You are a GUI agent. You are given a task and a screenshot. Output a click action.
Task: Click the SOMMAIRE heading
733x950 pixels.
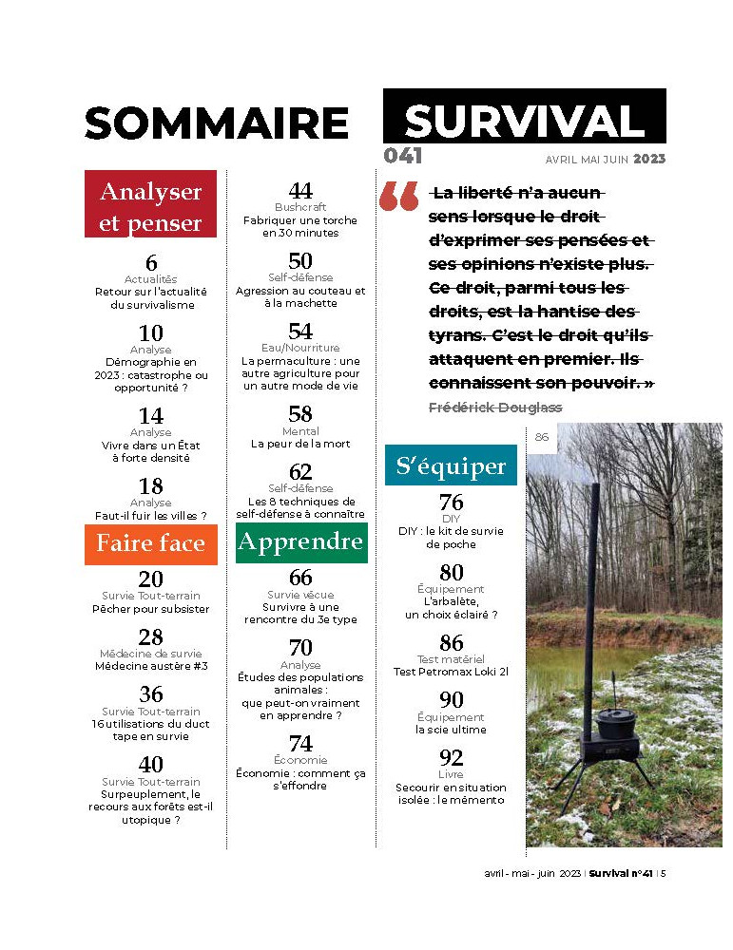point(217,123)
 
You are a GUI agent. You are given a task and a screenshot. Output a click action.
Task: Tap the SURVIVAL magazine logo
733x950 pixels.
point(524,121)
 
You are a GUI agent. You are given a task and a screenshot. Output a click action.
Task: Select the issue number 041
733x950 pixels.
point(403,157)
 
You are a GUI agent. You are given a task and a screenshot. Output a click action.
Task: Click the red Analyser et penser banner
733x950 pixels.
point(151,206)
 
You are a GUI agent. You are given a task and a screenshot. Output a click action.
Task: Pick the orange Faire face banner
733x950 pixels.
point(151,543)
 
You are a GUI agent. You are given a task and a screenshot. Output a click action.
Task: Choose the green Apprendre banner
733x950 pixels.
point(301,541)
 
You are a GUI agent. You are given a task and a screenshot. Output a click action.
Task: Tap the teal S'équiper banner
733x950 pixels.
point(451,466)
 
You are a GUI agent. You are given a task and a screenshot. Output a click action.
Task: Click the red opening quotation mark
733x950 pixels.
point(398,197)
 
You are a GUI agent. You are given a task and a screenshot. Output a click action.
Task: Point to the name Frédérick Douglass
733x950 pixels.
point(495,407)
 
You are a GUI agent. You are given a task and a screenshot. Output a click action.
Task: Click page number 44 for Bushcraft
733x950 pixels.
point(300,192)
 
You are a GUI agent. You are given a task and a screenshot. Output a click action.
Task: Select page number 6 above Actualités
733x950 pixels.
point(151,264)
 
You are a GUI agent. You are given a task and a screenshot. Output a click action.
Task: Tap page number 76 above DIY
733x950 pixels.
point(452,503)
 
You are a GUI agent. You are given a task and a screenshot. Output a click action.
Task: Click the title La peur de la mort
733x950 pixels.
point(300,444)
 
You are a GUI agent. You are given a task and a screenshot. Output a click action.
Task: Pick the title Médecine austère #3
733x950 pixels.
point(150,665)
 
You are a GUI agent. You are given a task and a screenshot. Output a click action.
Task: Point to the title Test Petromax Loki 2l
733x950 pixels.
point(451,672)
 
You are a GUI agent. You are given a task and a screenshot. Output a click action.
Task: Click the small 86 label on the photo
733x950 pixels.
point(542,437)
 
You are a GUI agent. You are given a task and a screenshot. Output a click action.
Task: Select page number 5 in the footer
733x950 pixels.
point(664,874)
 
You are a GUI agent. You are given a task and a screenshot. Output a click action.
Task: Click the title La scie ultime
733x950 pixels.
point(451,730)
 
